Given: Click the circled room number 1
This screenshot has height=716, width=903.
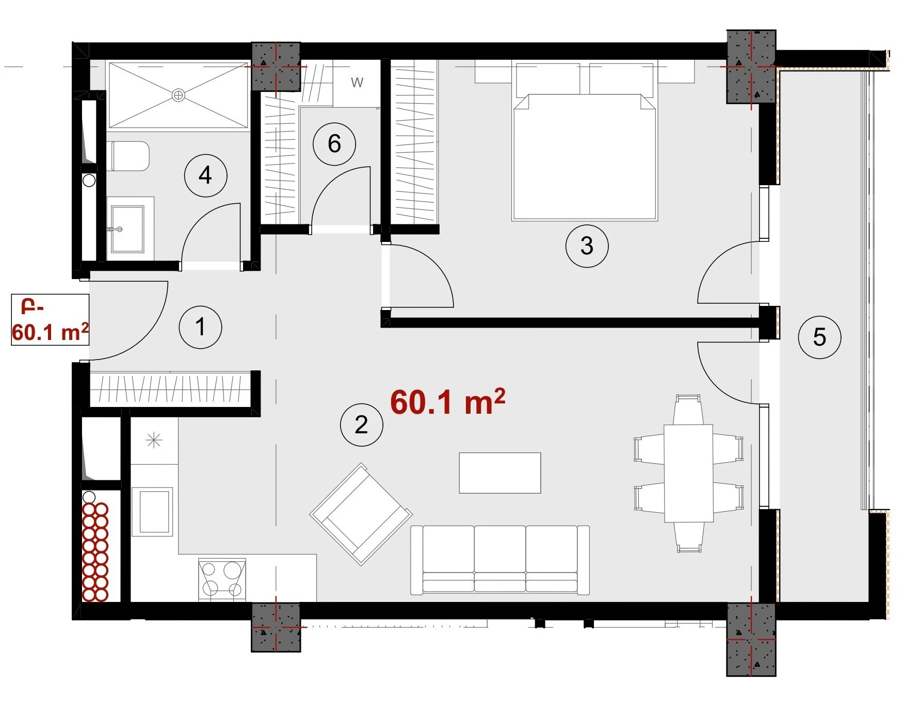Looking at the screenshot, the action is coord(200,327).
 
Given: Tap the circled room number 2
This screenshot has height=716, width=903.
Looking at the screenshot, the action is coord(361,425).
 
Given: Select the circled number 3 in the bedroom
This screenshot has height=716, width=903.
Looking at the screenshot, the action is coord(587,246).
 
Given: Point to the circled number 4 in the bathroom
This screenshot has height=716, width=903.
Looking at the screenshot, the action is coord(205,175).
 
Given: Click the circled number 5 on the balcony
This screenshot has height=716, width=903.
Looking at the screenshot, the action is coord(819,337).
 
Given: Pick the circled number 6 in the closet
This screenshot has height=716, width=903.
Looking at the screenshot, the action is coord(334,143).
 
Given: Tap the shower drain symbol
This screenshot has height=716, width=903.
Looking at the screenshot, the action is coord(179,95).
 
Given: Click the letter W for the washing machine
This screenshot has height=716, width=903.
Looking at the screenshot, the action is coord(357,83).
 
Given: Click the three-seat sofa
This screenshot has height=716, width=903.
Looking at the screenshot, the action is coord(500,560).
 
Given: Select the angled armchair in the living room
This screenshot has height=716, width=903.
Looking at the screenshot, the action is coord(361,514).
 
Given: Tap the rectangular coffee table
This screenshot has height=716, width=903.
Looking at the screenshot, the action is coord(500,473).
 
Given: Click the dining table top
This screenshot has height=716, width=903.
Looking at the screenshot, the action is coord(688,474).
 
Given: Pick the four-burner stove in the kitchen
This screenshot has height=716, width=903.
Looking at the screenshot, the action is coord(222,579).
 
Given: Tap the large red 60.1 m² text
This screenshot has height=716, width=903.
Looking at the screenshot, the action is coord(447,402).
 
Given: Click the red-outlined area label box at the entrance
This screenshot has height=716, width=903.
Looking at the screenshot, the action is coord(50,319).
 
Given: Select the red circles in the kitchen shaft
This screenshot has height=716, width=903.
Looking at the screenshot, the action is coord(95,552).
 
